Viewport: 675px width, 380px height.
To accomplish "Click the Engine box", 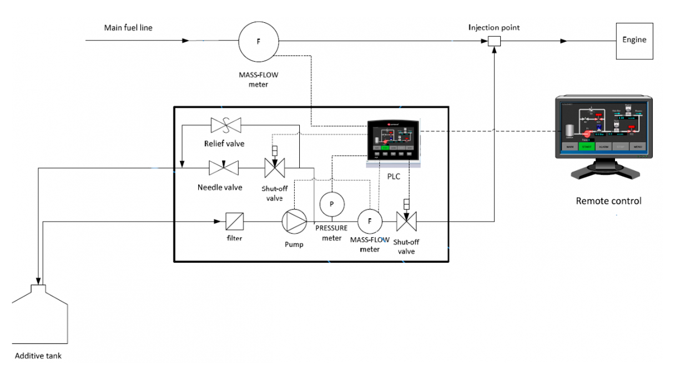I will (x=634, y=41).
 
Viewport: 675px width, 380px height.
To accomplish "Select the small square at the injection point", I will (x=494, y=41).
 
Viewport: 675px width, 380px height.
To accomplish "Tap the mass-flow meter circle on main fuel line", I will (x=258, y=41).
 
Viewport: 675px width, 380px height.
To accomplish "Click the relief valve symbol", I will (x=225, y=126).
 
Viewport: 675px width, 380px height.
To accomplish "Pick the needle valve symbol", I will (x=223, y=167).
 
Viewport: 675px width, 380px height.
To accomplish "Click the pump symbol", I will (x=294, y=221).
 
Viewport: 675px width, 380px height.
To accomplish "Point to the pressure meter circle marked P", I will (x=332, y=204).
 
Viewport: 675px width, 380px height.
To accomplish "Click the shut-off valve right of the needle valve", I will (x=274, y=167).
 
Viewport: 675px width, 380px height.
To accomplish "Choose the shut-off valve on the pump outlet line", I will (x=406, y=222).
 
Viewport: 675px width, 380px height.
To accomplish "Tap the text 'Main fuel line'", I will (x=128, y=28).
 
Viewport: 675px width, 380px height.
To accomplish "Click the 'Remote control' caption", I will (x=608, y=201).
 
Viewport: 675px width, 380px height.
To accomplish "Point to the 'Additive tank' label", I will (x=38, y=356).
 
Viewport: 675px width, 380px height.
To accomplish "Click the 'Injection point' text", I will (x=493, y=27).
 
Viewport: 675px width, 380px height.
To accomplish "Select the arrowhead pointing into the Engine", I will (x=563, y=41).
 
